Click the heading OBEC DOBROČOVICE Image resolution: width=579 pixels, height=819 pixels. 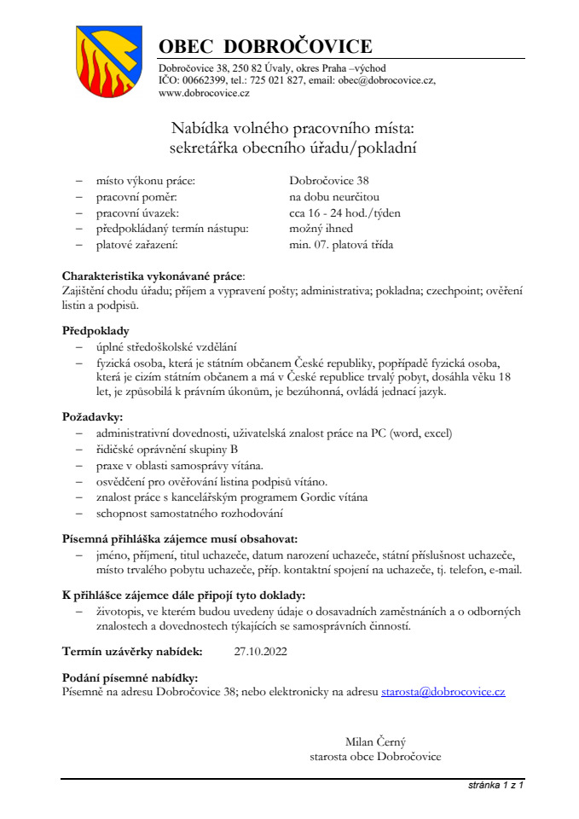tap(265, 46)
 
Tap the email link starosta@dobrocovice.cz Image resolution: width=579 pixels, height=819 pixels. tap(443, 692)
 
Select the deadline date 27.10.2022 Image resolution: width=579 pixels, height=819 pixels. tap(261, 653)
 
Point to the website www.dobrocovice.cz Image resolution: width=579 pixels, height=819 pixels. tap(204, 93)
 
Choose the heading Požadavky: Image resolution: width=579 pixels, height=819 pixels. tap(92, 416)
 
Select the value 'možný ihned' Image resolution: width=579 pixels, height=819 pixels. tap(321, 229)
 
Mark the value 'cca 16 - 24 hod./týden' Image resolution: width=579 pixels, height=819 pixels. tap(345, 212)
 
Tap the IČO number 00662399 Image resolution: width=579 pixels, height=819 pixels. tap(201, 80)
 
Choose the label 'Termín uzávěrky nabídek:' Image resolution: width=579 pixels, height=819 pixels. tap(132, 653)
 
